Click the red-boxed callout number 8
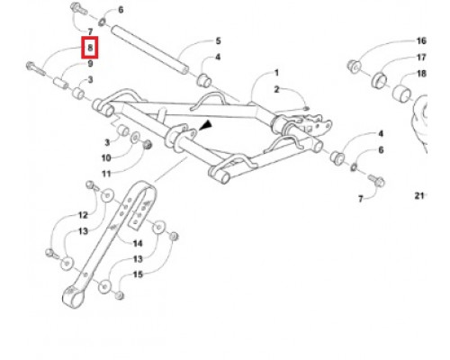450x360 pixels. pyautogui.click(x=90, y=48)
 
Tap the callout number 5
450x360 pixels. pyautogui.click(x=218, y=40)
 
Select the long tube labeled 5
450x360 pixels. pyautogui.click(x=150, y=49)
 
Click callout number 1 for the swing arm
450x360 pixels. pyautogui.click(x=276, y=73)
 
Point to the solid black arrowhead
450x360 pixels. pyautogui.click(x=205, y=125)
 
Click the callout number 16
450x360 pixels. pyautogui.click(x=421, y=40)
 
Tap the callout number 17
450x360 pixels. pyautogui.click(x=421, y=57)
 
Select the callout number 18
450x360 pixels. pyautogui.click(x=421, y=73)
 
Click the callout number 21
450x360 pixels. pyautogui.click(x=419, y=196)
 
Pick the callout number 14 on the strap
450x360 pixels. pyautogui.click(x=138, y=243)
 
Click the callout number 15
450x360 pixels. pyautogui.click(x=138, y=274)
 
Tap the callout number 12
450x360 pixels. pyautogui.click(x=83, y=215)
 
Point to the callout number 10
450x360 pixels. pyautogui.click(x=106, y=157)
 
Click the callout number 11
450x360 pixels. pyautogui.click(x=106, y=174)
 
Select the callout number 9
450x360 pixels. pyautogui.click(x=90, y=64)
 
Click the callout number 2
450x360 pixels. pyautogui.click(x=276, y=89)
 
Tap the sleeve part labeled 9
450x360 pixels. pyautogui.click(x=60, y=83)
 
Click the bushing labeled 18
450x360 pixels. pyautogui.click(x=401, y=93)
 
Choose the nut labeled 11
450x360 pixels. pyautogui.click(x=148, y=145)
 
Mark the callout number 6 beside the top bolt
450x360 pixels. pyautogui.click(x=121, y=10)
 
